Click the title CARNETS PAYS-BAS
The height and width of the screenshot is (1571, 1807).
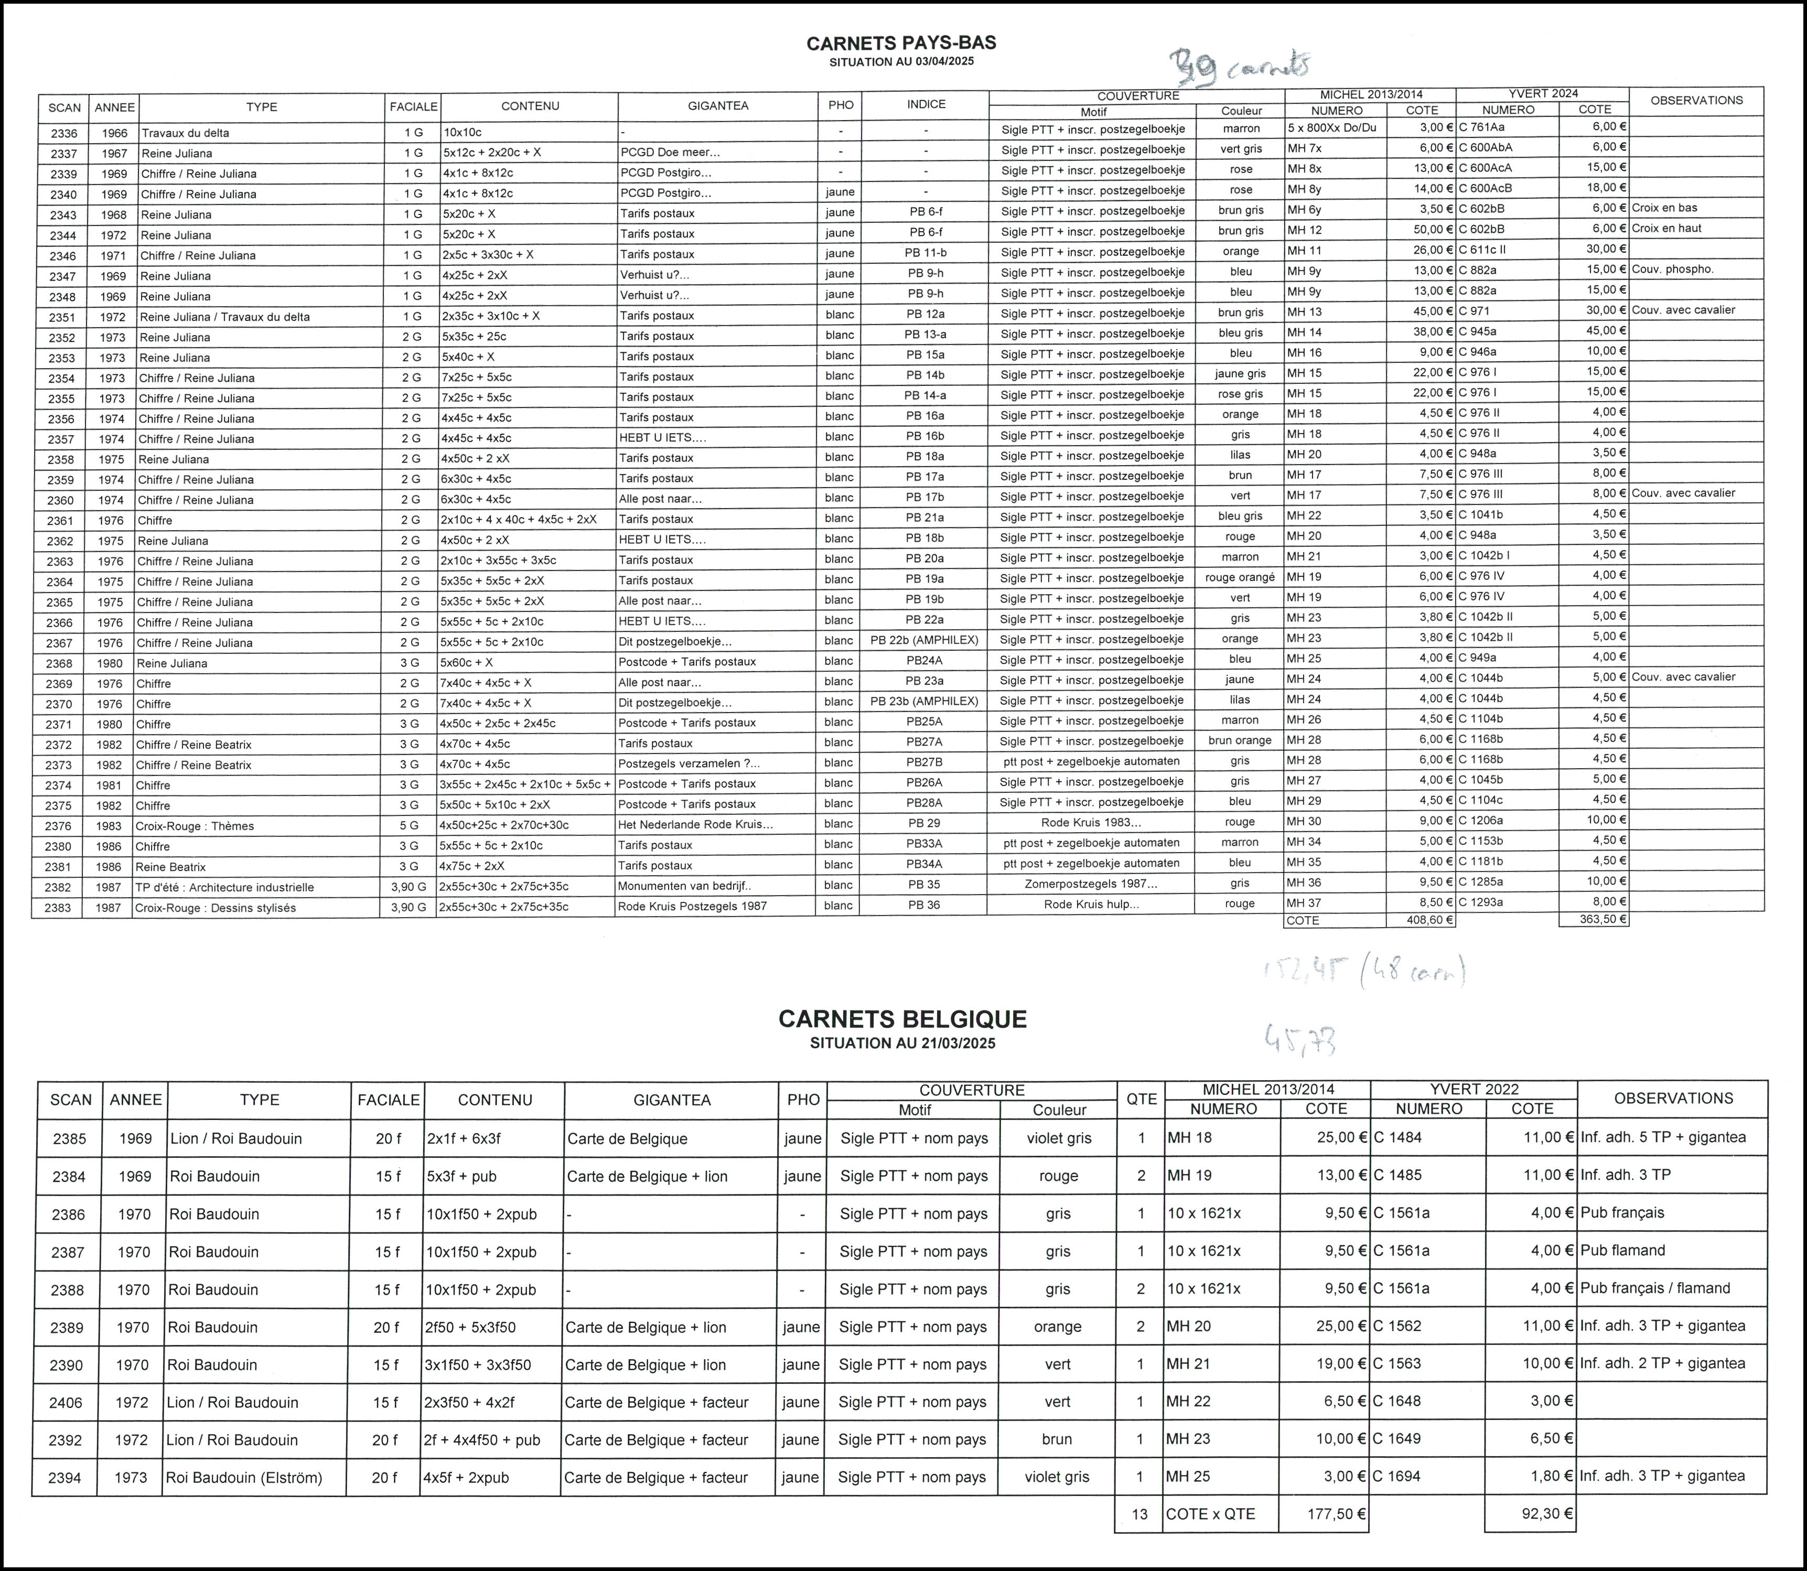tap(901, 43)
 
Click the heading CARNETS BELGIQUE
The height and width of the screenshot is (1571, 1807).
tap(902, 1019)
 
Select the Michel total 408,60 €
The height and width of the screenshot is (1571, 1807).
tap(1421, 920)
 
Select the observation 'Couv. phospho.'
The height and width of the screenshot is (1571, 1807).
tap(1672, 269)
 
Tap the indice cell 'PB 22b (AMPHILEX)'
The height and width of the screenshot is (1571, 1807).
tap(924, 640)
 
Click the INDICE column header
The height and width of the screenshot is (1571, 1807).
tap(926, 104)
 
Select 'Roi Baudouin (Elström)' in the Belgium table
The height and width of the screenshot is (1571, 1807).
tap(244, 1477)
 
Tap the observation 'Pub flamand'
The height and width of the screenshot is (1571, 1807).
tap(1622, 1250)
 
